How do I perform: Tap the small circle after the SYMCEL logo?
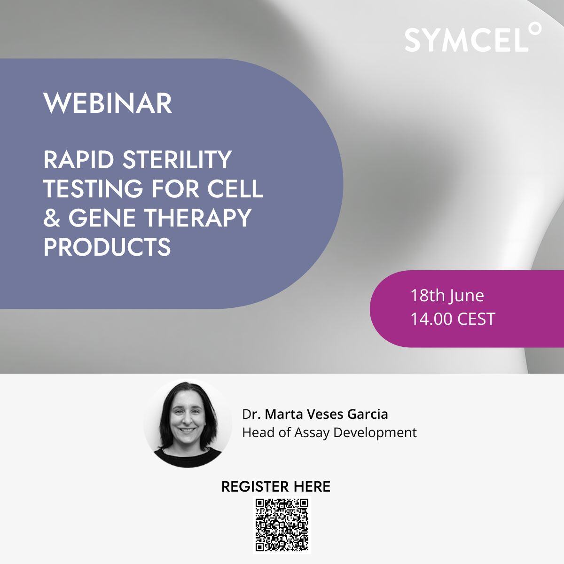click(x=535, y=29)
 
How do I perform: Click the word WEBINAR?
click(x=108, y=103)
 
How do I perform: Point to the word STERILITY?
click(x=177, y=160)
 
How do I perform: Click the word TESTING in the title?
click(x=93, y=188)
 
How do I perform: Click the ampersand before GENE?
click(x=52, y=218)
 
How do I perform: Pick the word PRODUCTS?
click(x=107, y=247)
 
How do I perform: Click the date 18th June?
click(x=447, y=296)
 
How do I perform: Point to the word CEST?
click(x=476, y=319)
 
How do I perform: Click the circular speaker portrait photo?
click(x=188, y=423)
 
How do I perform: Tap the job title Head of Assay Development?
click(x=329, y=432)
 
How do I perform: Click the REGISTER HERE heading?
click(x=276, y=486)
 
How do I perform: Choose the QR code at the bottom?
click(x=282, y=525)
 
